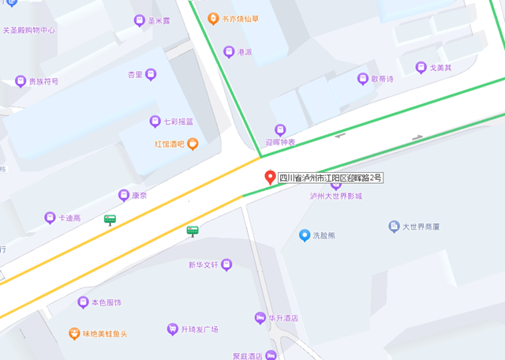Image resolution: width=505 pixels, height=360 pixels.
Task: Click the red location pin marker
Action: coord(270,178)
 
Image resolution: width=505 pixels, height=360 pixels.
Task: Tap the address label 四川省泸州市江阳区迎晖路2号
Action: coord(331,178)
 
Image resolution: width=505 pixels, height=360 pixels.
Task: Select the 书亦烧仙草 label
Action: coord(241,17)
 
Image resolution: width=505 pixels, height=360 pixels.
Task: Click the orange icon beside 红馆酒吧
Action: coord(193,144)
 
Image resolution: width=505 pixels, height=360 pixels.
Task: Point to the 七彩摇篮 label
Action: coord(178,121)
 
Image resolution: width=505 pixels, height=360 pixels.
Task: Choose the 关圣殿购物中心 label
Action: coord(28,30)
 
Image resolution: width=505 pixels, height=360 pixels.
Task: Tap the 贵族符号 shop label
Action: coord(43,81)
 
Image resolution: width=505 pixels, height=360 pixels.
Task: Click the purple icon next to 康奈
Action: coord(123,195)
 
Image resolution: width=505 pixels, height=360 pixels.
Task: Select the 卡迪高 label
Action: coord(69,217)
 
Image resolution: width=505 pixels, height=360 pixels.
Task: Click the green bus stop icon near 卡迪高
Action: coord(110,219)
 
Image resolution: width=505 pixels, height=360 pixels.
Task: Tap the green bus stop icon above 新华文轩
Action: coord(192,231)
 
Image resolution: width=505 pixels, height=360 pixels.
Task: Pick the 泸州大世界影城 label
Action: coord(336,196)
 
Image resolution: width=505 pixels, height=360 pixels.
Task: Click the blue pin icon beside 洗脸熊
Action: coord(305,234)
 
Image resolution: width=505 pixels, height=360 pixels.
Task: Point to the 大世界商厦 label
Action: coord(421,227)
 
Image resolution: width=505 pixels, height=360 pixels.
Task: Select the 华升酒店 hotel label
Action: coord(282,318)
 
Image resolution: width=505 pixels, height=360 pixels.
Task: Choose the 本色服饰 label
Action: coord(106,302)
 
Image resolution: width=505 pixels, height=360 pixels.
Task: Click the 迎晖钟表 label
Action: coord(280,142)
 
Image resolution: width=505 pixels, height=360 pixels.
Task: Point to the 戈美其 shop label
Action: coord(440,67)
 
